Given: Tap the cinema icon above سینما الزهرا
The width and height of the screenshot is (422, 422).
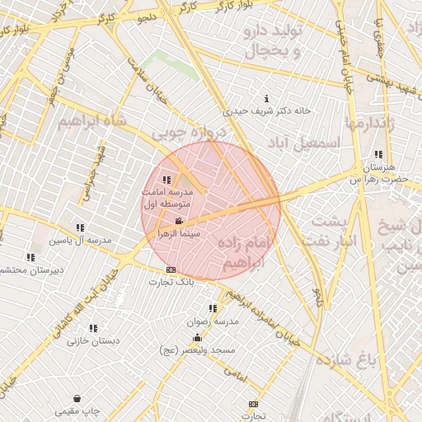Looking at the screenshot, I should click(180, 221).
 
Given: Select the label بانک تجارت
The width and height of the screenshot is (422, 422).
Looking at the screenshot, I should click(171, 283).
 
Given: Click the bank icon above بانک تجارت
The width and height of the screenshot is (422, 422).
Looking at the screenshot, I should click(171, 270).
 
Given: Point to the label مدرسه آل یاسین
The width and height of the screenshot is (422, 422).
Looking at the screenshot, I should click(80, 240).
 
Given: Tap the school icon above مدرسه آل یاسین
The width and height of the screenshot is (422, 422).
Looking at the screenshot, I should click(80, 227).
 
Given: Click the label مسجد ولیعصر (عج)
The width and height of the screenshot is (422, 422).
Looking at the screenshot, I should click(197, 350).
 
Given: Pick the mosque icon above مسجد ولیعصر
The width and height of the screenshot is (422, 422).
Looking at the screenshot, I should click(197, 337).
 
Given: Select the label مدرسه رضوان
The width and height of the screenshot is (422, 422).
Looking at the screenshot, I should click(213, 321).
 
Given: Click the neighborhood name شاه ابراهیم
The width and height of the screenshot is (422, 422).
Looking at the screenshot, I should click(91, 121).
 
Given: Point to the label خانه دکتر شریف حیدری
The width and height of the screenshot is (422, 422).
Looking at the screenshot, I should click(265, 110).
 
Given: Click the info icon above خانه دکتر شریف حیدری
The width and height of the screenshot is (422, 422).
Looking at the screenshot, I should click(265, 98).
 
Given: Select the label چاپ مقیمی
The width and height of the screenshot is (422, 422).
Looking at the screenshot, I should click(77, 410).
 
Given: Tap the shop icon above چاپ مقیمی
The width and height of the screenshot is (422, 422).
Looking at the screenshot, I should click(77, 398).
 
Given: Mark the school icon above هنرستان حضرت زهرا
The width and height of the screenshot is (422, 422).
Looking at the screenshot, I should click(378, 154).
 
